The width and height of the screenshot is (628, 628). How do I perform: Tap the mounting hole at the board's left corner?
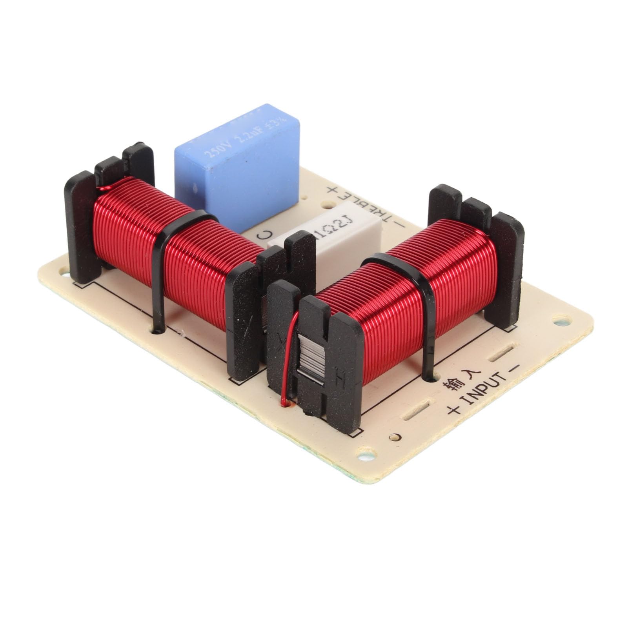pos(63,270)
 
